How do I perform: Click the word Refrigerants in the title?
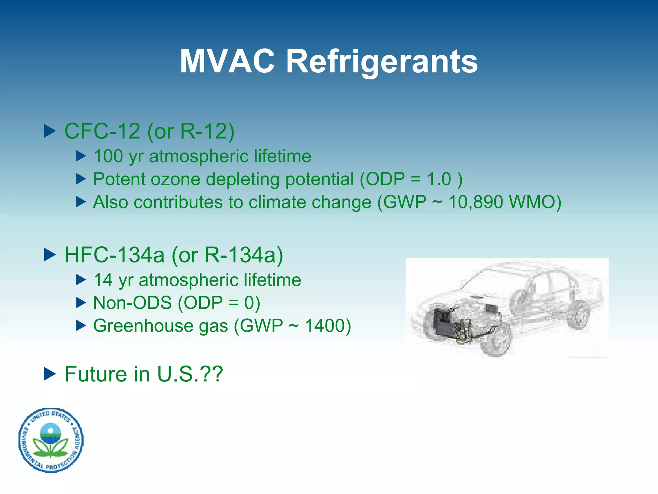[x=382, y=62]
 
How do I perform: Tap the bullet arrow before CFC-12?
[x=50, y=131]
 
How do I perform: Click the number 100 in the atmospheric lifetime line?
[x=108, y=156]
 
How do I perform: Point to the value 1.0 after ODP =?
[x=439, y=179]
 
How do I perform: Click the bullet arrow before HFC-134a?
[x=50, y=255]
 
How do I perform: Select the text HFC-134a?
[x=114, y=255]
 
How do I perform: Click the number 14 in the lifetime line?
[x=102, y=280]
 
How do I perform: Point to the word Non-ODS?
[x=132, y=303]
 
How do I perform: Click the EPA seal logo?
[x=51, y=440]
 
